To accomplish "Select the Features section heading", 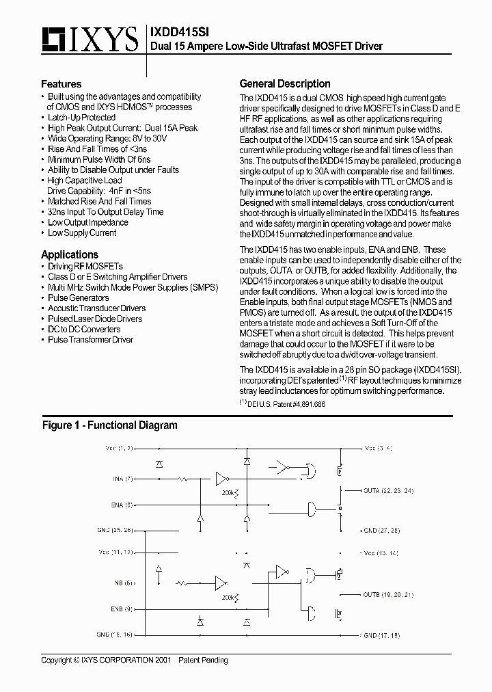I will pos(61,84).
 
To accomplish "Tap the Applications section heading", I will pos(69,254).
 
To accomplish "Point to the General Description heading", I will pos(284,83).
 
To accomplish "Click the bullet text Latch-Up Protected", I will pos(81,118).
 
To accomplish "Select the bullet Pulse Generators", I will pos(78,298).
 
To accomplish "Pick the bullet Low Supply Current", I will pos(82,233).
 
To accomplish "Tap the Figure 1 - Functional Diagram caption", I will pos(109,425).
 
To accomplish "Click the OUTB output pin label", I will pos(388,594).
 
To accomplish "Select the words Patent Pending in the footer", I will pos(204,660).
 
